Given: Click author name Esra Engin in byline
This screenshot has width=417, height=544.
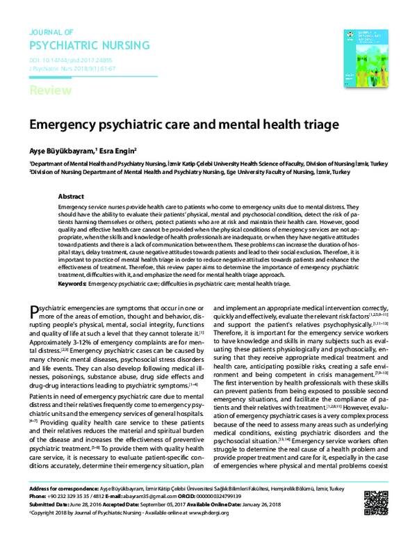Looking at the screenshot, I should pos(119,150).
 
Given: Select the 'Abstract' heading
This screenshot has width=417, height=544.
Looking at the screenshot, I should pos(71,197).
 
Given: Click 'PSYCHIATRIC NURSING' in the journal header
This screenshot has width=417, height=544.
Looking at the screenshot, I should pos(89,46).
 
